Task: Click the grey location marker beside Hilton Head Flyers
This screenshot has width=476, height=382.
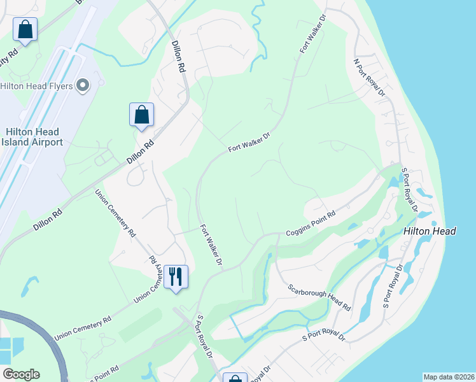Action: click(x=82, y=85)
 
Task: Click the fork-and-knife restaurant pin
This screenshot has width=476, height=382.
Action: click(x=176, y=278)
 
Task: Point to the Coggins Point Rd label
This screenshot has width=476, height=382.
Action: click(x=311, y=223)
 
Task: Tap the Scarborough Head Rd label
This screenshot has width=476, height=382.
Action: click(x=319, y=297)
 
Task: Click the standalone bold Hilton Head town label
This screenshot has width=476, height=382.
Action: click(x=430, y=232)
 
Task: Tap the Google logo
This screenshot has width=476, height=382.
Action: click(x=21, y=374)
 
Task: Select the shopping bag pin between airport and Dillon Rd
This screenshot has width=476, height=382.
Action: click(x=142, y=115)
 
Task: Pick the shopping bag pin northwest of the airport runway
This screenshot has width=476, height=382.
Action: click(x=25, y=29)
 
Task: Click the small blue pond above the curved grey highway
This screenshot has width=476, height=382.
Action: click(x=28, y=286)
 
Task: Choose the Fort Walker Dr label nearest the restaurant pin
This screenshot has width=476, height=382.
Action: click(x=211, y=244)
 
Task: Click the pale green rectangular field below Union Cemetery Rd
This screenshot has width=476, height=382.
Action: click(x=140, y=325)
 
